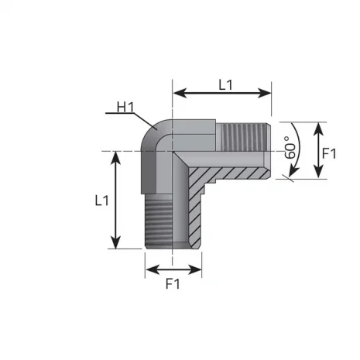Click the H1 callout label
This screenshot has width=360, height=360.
[x=126, y=107]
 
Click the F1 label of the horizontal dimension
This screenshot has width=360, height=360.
[x=172, y=283]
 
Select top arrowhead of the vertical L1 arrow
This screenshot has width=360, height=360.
[x=116, y=155]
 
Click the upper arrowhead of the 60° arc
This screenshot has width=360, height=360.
[x=294, y=124]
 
